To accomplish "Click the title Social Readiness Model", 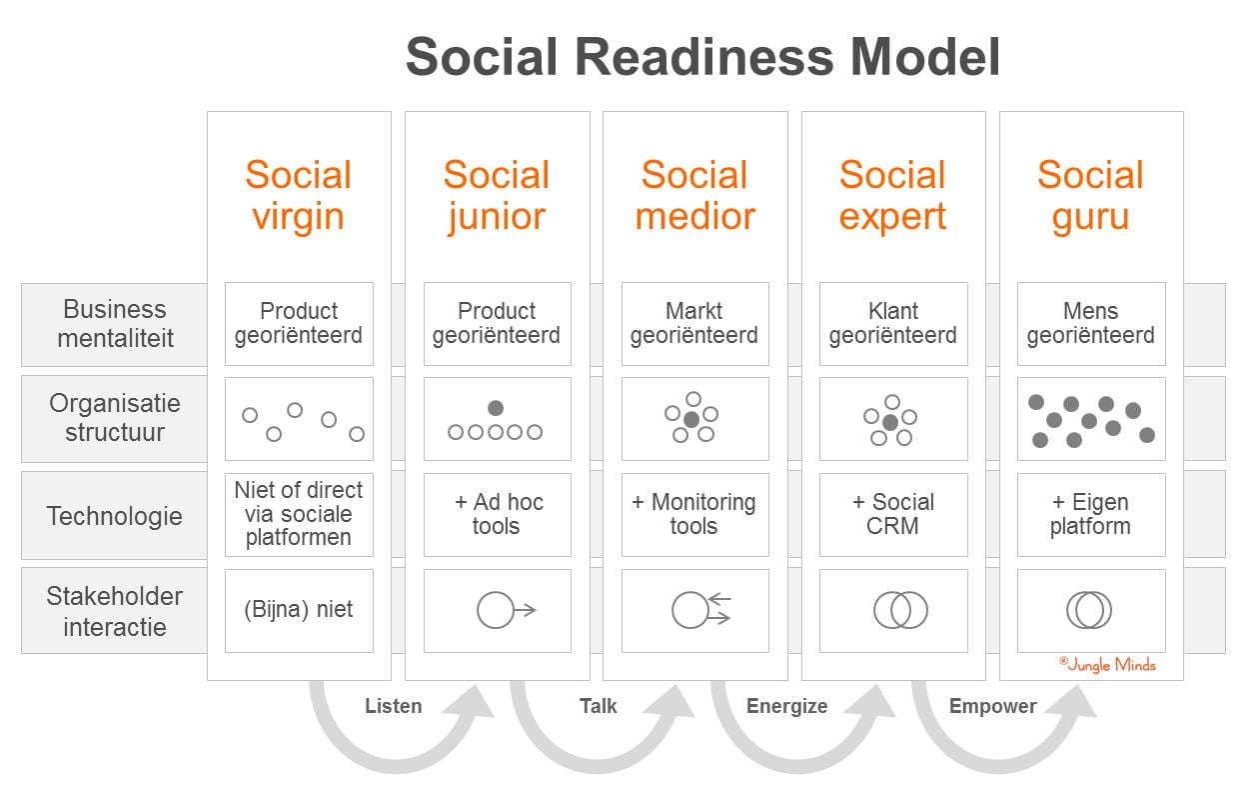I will (x=702, y=57).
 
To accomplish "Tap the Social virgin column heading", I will (x=299, y=195).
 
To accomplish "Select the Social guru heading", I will (x=1090, y=195).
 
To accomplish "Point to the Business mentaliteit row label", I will (x=115, y=324).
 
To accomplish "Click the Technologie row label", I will (x=115, y=516).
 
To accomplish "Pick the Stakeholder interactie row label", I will (x=115, y=611).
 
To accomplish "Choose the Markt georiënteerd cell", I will (x=694, y=324).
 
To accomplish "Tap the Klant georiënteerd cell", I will (x=892, y=324).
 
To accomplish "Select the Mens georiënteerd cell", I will (x=1090, y=324).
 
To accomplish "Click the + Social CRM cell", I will (x=892, y=514).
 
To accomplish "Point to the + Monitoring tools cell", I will (x=694, y=514).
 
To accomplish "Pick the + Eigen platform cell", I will (x=1090, y=514).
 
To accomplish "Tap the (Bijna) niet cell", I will (x=299, y=610).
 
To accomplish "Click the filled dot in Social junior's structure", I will (x=496, y=408).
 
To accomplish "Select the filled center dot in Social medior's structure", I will (x=690, y=419).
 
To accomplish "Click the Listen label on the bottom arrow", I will (x=393, y=706).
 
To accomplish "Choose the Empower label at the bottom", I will (x=992, y=706).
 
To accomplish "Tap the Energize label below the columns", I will (x=786, y=706).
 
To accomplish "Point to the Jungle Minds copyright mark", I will (x=1107, y=664).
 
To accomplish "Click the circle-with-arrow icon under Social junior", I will (x=505, y=610).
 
